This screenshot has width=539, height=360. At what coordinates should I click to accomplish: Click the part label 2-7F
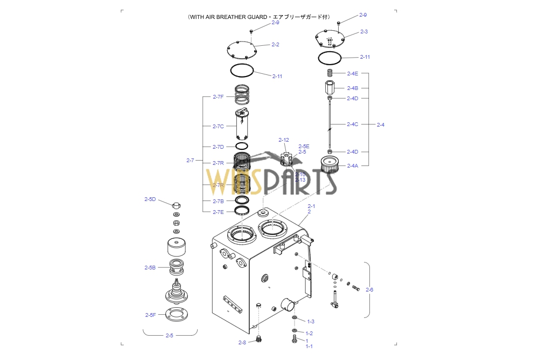pos(218,97)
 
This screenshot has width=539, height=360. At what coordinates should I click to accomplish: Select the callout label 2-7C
pos(218,127)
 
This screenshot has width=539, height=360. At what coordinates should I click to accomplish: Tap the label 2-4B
pos(352,88)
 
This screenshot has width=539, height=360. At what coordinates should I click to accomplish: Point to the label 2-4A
pos(352,166)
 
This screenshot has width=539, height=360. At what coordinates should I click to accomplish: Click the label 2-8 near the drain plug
pos(242,342)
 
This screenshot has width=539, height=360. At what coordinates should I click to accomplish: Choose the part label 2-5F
pos(150,315)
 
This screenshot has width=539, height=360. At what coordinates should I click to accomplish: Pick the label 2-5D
pos(150,199)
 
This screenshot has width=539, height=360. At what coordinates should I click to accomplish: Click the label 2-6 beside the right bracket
pos(369,290)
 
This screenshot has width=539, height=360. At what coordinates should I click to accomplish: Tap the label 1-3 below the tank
pos(310,321)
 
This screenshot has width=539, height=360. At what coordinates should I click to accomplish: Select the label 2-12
pos(284,140)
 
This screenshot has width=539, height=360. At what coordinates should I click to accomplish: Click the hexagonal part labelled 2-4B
pos(330,87)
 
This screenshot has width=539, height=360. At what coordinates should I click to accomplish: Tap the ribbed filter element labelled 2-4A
pos(329,164)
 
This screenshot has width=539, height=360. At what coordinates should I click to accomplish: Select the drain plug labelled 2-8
pos(260,340)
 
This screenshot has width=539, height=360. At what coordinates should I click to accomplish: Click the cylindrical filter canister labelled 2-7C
pos(242,127)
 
